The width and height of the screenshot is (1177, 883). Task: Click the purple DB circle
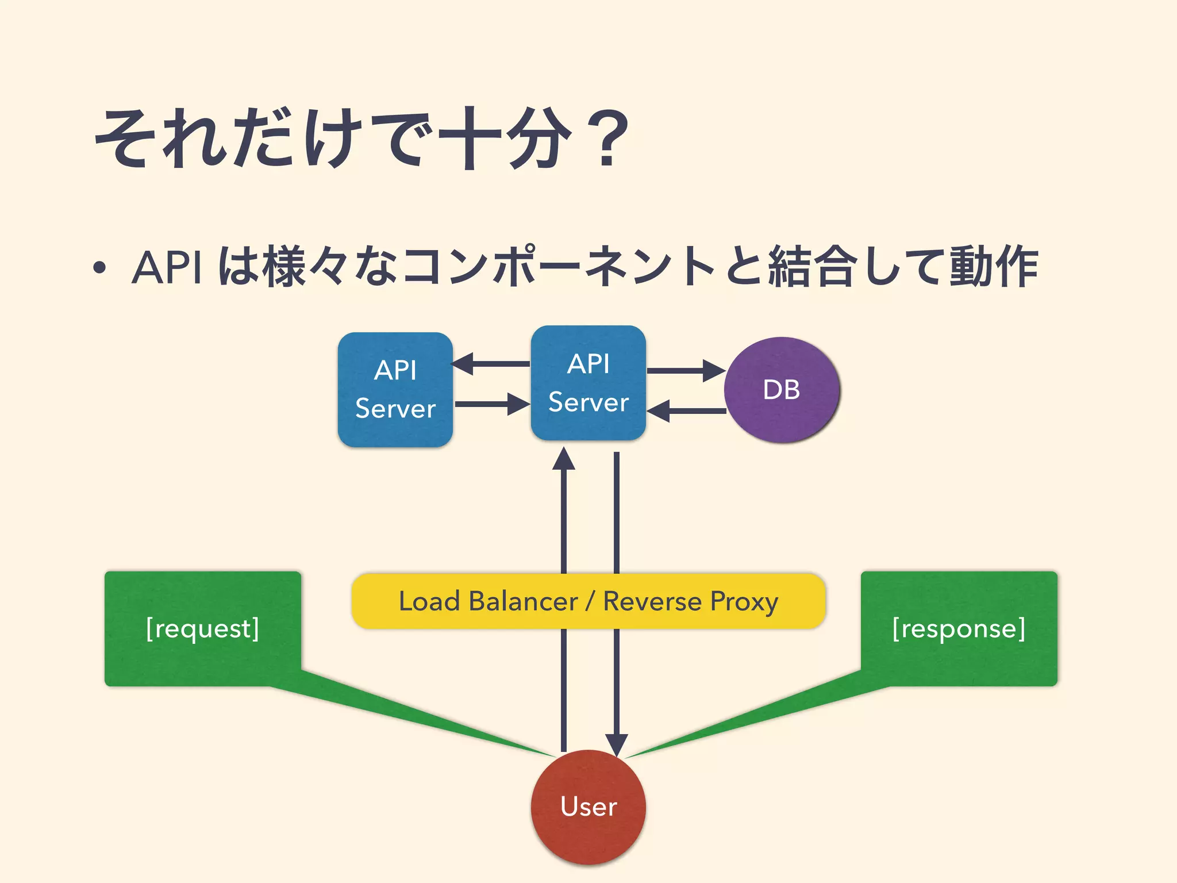point(782,390)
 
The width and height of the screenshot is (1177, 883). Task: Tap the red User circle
point(588,807)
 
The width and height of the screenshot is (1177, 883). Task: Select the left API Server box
point(395,390)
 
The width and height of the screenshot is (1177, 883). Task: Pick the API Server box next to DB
point(588,383)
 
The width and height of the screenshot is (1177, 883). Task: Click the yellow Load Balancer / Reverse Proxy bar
point(588,601)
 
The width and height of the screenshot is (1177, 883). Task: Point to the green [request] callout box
point(202,628)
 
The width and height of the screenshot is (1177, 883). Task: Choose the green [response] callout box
point(959,628)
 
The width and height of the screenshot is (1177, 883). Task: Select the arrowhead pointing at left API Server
point(463,364)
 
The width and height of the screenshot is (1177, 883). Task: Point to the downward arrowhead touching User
point(616,744)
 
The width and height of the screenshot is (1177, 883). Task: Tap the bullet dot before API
point(99,268)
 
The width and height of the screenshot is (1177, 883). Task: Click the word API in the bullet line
point(167,267)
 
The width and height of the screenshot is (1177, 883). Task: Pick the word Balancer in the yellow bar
point(523,601)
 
